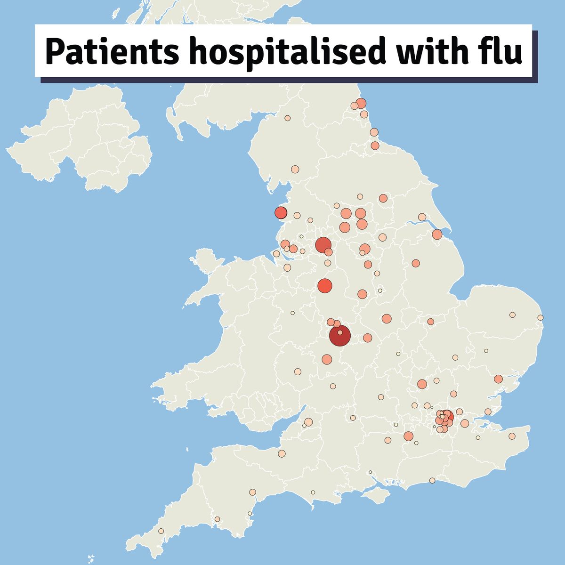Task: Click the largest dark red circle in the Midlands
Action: tap(339, 336)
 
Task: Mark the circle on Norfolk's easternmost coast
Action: tap(541, 318)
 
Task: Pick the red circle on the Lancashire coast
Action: tap(281, 213)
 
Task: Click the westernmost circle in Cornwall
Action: tap(161, 531)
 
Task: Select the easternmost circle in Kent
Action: tap(512, 436)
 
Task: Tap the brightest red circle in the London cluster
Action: tap(447, 416)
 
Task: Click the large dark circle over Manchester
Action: tap(323, 245)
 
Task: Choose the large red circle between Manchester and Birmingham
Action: tap(325, 286)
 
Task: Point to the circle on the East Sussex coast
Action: tap(432, 481)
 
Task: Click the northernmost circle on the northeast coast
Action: tap(361, 103)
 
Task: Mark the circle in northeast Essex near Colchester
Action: tap(498, 379)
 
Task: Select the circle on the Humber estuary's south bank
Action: tap(437, 234)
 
